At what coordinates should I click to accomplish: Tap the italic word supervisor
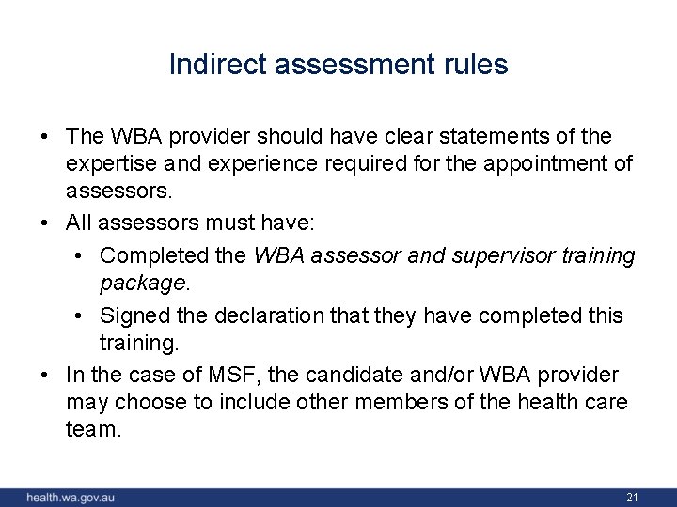coord(509,255)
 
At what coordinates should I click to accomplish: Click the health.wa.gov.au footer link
coord(71,497)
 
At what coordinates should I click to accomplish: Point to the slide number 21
coord(632,497)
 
